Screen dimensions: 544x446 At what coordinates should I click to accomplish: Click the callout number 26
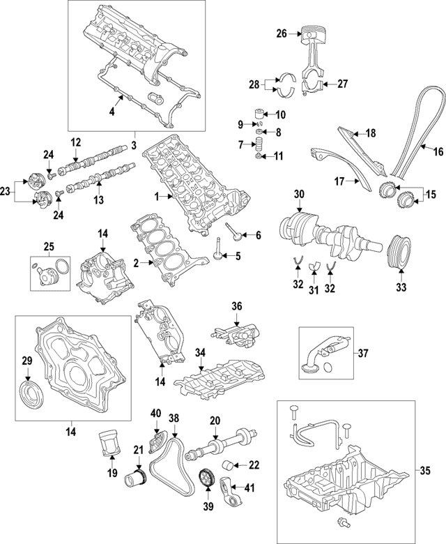(281, 33)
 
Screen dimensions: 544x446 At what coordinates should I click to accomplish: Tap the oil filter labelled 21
(134, 479)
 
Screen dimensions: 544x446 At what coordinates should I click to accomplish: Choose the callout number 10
(280, 114)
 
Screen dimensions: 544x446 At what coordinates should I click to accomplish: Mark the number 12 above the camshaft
(76, 142)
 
